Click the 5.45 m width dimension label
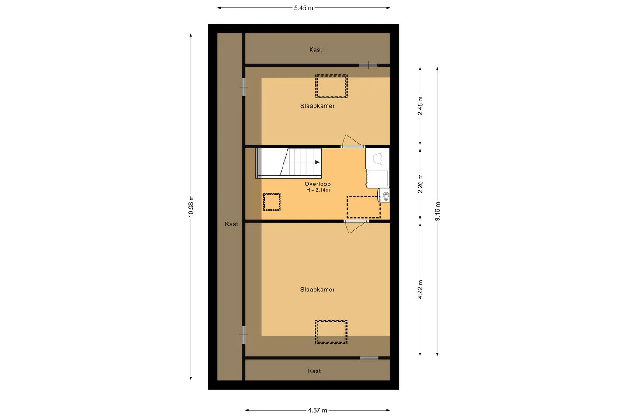[x=304, y=8]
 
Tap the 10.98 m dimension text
[x=191, y=206]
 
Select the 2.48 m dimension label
[x=420, y=106]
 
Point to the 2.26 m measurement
[x=420, y=184]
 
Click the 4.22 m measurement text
[x=420, y=290]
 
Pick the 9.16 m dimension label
[x=437, y=211]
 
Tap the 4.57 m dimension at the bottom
[x=317, y=411]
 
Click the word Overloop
[x=317, y=184]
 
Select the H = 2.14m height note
[x=318, y=190]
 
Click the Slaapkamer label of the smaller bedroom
[x=317, y=106]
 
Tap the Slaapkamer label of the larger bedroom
[x=317, y=290]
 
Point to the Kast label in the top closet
[x=315, y=50]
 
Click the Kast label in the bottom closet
[x=314, y=371]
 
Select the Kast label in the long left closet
[x=232, y=224]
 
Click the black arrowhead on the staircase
[x=317, y=162]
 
